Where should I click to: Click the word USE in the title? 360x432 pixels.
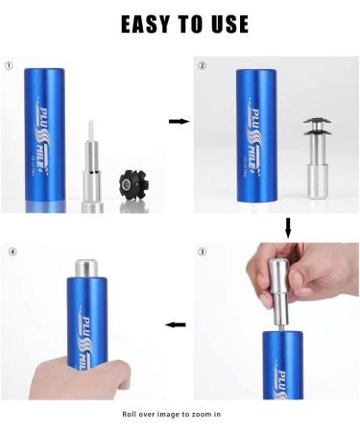click(x=225, y=23)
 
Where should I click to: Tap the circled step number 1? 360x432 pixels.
click(x=9, y=66)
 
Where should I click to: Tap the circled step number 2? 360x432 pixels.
click(x=202, y=66)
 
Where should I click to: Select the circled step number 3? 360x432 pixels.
click(x=202, y=252)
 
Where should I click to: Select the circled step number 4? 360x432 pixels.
click(x=12, y=252)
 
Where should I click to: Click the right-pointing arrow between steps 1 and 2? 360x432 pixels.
click(x=178, y=122)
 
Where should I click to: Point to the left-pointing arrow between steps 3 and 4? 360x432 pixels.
click(x=175, y=324)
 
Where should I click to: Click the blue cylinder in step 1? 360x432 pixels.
click(x=44, y=133)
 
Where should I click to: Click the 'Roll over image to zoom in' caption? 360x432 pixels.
click(x=172, y=414)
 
